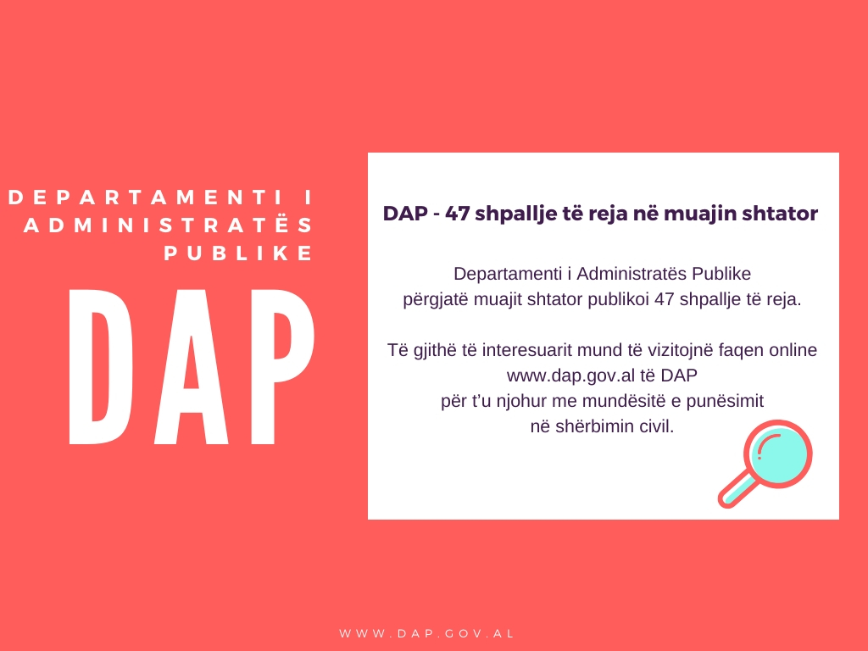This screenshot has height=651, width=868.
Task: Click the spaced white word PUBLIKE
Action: [x=238, y=253]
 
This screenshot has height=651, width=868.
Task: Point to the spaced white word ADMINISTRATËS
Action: [x=169, y=224]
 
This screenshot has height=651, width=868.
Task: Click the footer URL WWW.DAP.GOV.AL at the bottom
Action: [x=427, y=633]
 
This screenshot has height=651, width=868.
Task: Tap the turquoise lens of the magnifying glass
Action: [x=780, y=453]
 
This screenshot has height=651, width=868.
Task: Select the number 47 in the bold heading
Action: [x=457, y=213]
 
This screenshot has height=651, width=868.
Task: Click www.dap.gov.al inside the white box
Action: [x=570, y=376]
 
